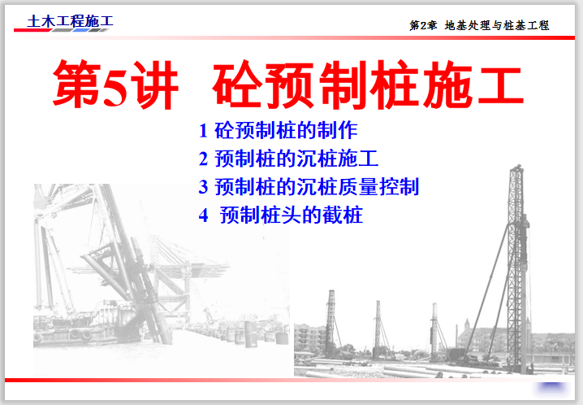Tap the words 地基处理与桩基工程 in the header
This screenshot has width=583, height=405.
click(497, 25)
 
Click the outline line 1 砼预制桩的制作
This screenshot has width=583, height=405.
click(278, 130)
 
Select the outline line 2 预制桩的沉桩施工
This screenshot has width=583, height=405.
click(288, 159)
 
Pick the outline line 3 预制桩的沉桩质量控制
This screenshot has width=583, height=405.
click(309, 186)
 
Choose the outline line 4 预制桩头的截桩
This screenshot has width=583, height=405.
click(280, 216)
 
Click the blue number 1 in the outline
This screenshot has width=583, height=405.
click(203, 130)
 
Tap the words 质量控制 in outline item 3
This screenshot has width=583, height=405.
click(387, 186)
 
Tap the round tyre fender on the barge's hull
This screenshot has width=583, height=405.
click(85, 334)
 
